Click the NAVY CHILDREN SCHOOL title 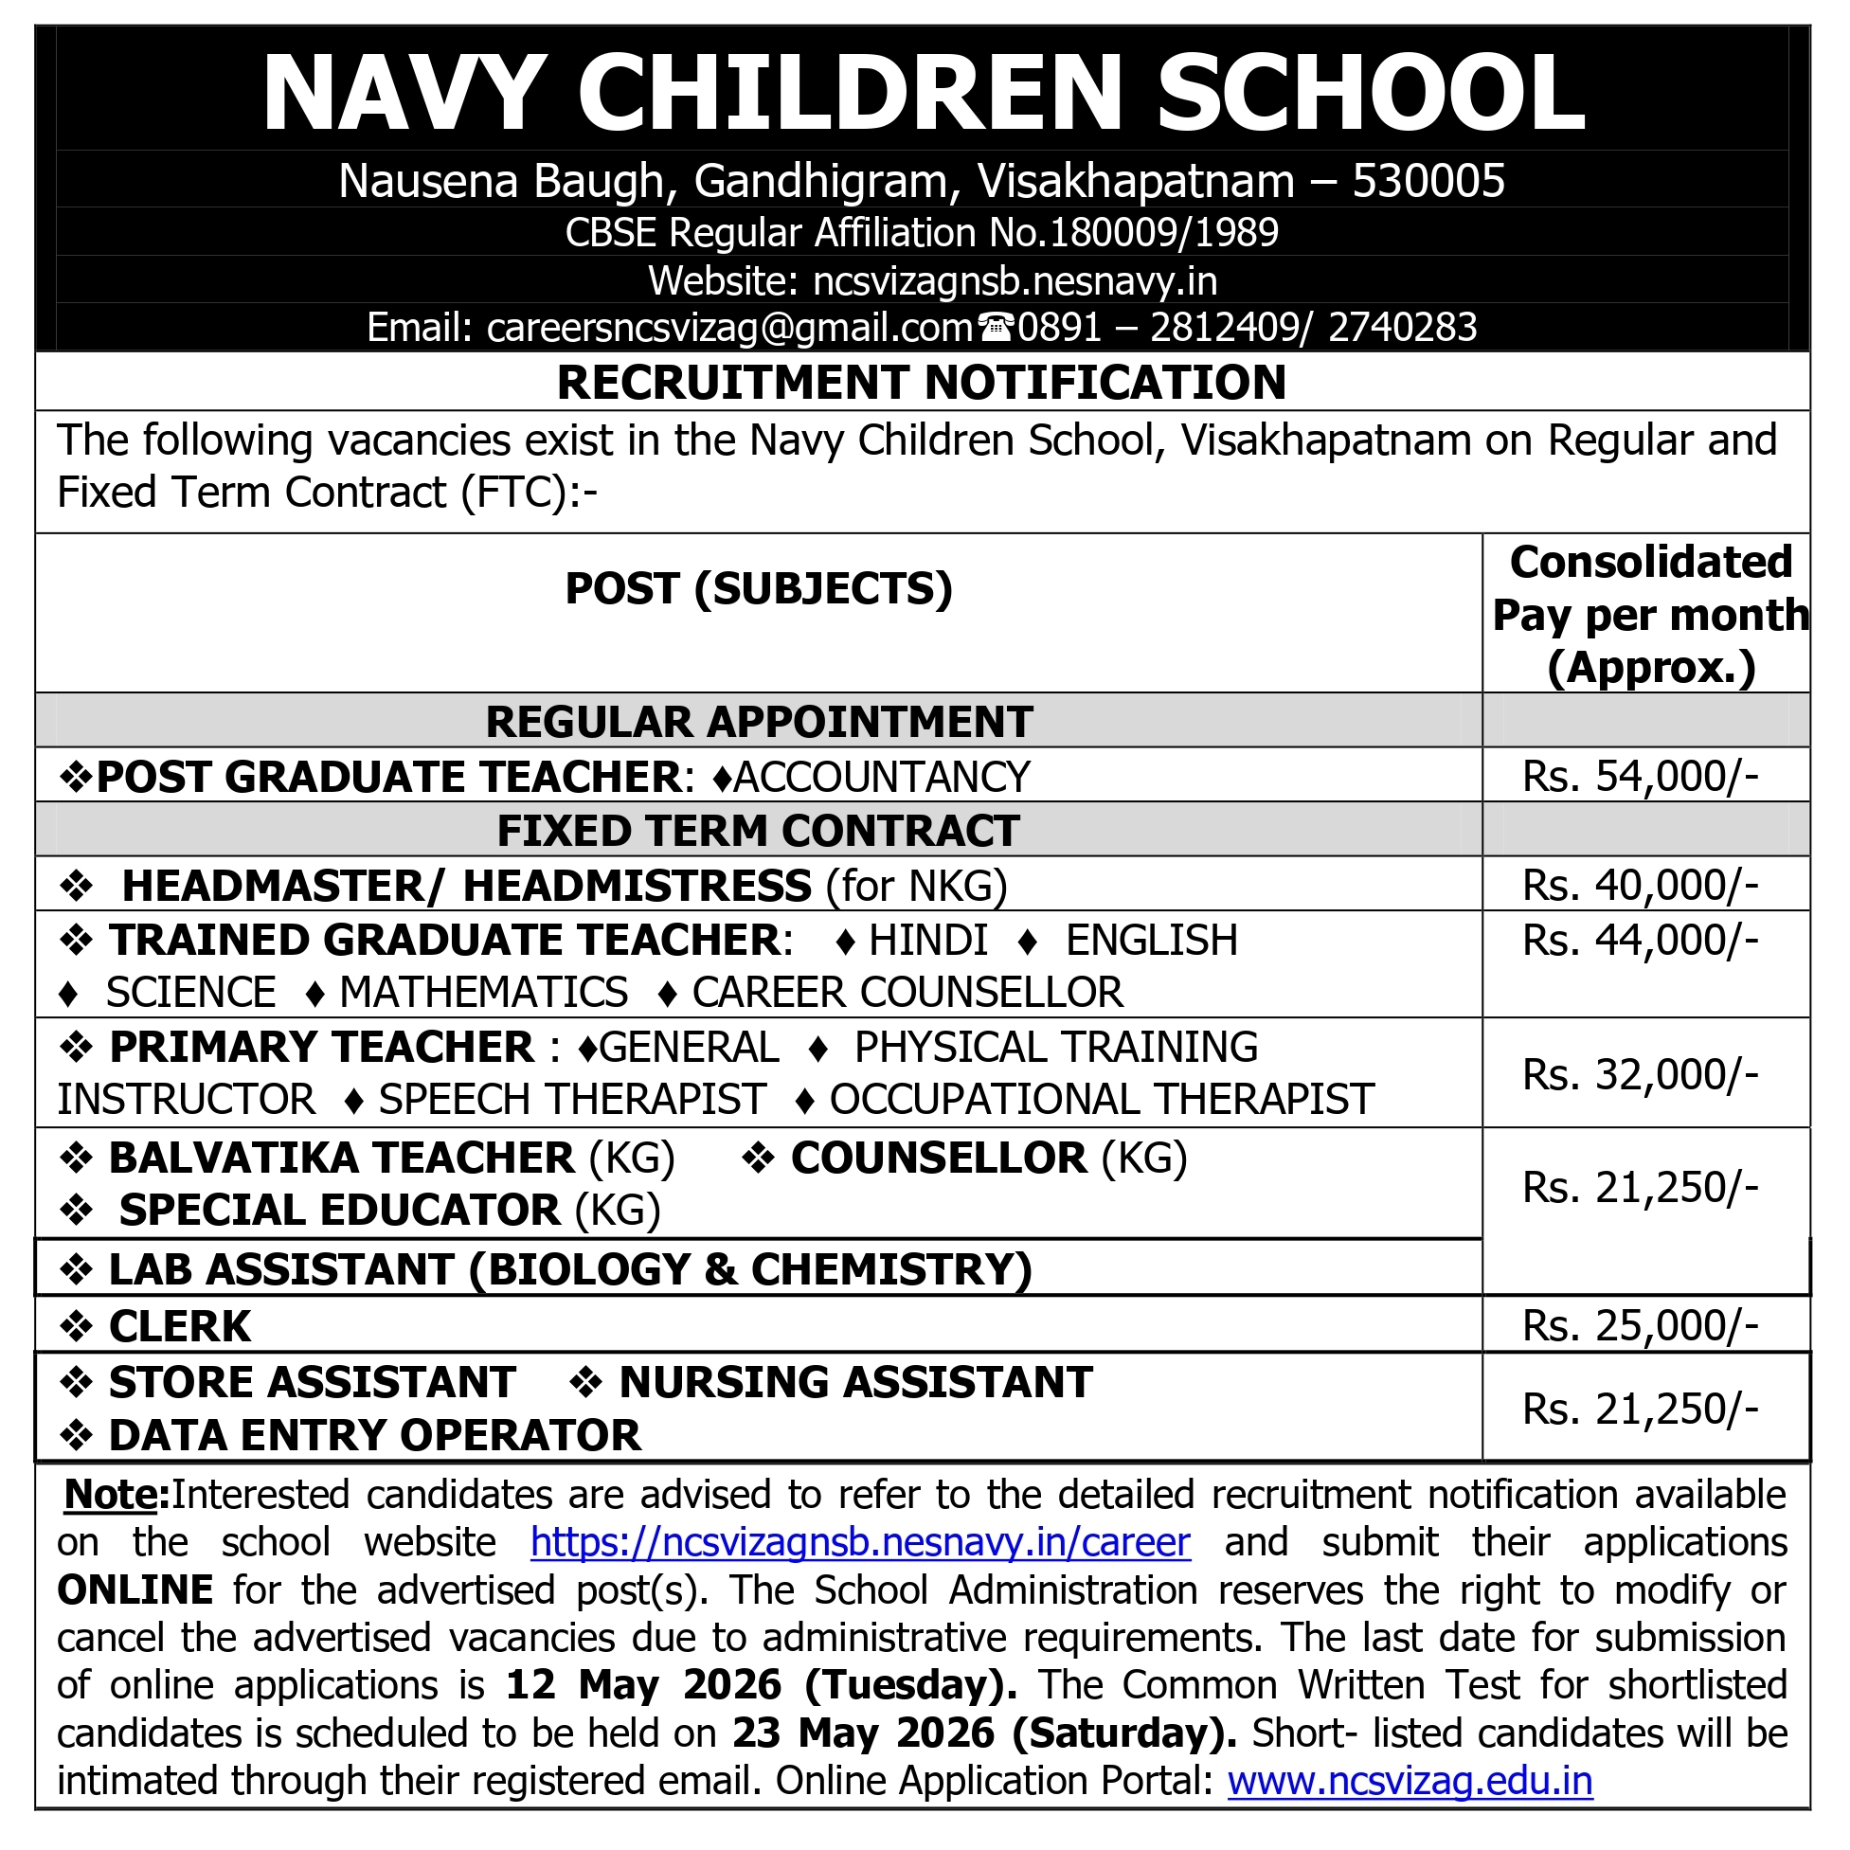(923, 93)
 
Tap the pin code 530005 (1428, 181)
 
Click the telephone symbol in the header (996, 329)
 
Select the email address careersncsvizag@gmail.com (729, 329)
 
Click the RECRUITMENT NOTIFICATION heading (921, 383)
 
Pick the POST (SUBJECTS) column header (759, 588)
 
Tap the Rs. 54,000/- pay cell (1641, 776)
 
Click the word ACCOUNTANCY (881, 777)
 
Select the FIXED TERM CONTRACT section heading (758, 830)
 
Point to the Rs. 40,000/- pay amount (1641, 885)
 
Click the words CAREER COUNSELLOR (907, 993)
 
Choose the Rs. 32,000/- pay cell (1641, 1074)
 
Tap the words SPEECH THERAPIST (571, 1099)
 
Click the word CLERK (180, 1326)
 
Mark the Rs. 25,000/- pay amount (1641, 1326)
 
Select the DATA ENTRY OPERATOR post (374, 1435)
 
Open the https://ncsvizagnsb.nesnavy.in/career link (860, 1543)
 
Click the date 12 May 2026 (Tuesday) (762, 1685)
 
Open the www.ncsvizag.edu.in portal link (1410, 1782)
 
